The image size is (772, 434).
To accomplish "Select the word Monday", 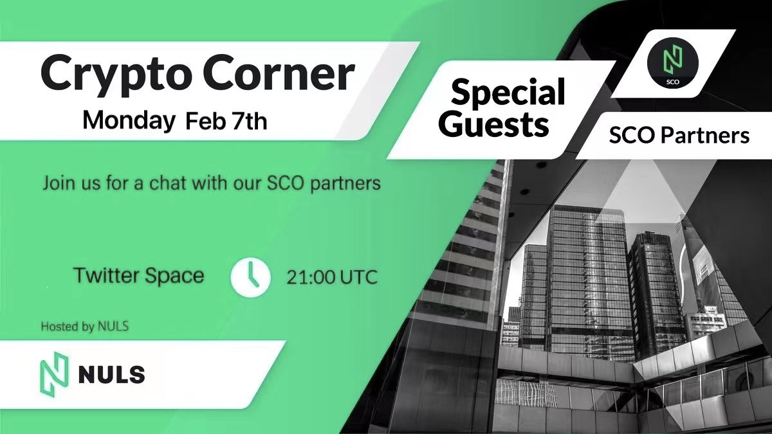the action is coord(129,122).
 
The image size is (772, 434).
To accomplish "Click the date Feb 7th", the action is coord(226,121).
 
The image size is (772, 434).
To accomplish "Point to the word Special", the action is coord(508,91).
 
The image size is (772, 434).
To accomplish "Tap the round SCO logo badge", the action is coord(672,64).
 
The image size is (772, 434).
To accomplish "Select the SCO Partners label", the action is coord(679,136).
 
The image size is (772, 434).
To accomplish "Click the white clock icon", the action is coord(250,277).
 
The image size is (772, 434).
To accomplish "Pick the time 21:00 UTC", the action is coord(332,277).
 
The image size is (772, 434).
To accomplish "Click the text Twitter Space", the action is coord(139,276).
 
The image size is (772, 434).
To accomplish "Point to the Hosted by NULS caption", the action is coord(85,326).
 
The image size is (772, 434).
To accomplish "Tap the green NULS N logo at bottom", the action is coord(54,373).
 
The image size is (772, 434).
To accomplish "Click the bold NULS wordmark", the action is coord(112,374).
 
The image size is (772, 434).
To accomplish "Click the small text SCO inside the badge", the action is coord(672,82).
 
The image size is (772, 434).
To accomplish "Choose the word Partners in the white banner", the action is coord(705,136).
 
